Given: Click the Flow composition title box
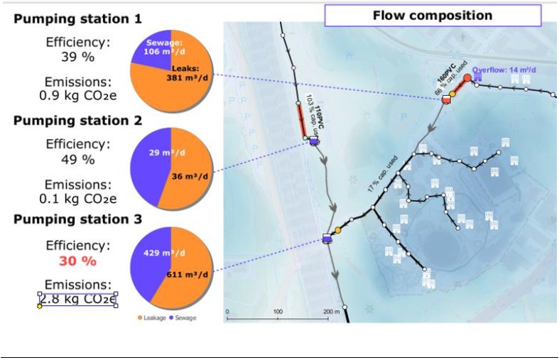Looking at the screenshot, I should (x=432, y=16).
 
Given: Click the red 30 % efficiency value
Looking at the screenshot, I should (x=78, y=261).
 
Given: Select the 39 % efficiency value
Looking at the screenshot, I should (x=78, y=56).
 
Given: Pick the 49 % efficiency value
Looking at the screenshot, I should (x=78, y=159).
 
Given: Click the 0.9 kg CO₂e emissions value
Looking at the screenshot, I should (x=78, y=94).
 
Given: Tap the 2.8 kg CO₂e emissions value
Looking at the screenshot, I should (x=78, y=299).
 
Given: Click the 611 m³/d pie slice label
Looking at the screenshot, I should (x=188, y=274).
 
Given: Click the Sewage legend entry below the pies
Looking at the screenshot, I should (x=183, y=317).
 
